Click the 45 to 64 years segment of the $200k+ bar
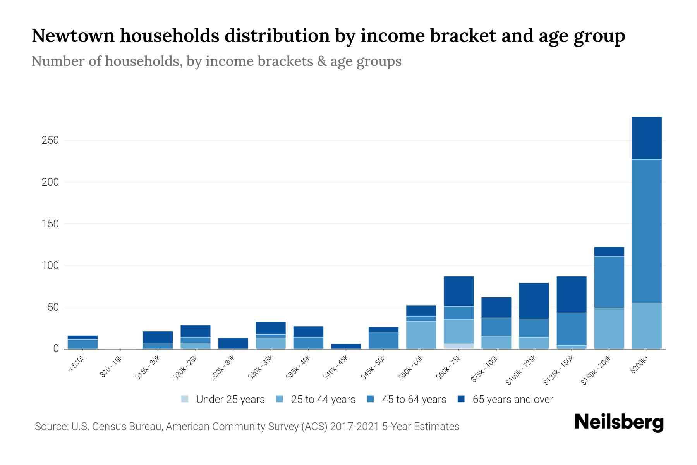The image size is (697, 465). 646,231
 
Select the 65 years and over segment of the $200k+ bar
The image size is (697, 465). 646,138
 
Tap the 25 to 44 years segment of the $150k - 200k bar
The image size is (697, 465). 609,328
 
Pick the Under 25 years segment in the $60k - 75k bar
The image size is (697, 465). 458,346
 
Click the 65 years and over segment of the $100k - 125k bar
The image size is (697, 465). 534,301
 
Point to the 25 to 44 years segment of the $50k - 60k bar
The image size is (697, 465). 421,335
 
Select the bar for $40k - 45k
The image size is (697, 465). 346,346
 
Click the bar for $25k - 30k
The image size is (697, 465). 233,343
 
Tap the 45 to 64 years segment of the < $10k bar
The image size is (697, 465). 82,344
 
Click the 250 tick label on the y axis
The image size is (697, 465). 50,140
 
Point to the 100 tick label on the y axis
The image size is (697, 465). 50,265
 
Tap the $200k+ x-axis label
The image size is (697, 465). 639,365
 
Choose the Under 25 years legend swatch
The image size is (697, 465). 185,399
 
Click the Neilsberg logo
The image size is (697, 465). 619,422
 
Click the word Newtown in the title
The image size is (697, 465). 73,36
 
